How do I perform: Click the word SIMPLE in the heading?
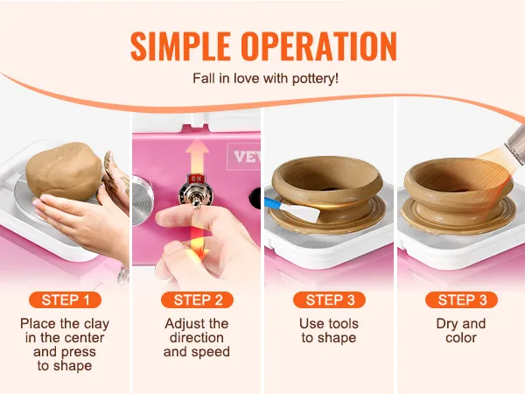pyautogui.click(x=180, y=46)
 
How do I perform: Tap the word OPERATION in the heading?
pyautogui.click(x=319, y=46)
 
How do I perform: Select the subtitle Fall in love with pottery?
pyautogui.click(x=265, y=79)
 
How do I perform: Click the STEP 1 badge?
pyautogui.click(x=66, y=299)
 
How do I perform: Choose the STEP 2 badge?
pyautogui.click(x=197, y=299)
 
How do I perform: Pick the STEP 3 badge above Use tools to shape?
pyautogui.click(x=330, y=299)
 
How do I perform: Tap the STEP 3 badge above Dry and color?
pyautogui.click(x=461, y=299)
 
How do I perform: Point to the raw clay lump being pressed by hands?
pyautogui.click(x=64, y=172)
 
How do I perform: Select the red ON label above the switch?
pyautogui.click(x=196, y=179)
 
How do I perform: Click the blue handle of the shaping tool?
pyautogui.click(x=273, y=203)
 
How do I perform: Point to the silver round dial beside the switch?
pyautogui.click(x=142, y=200)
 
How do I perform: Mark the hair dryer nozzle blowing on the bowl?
pyautogui.click(x=515, y=144)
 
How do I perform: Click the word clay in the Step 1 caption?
pyautogui.click(x=96, y=324)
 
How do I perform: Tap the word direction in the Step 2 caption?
pyautogui.click(x=197, y=338)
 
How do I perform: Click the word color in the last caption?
pyautogui.click(x=461, y=338)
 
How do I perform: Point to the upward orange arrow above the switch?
pyautogui.click(x=197, y=157)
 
